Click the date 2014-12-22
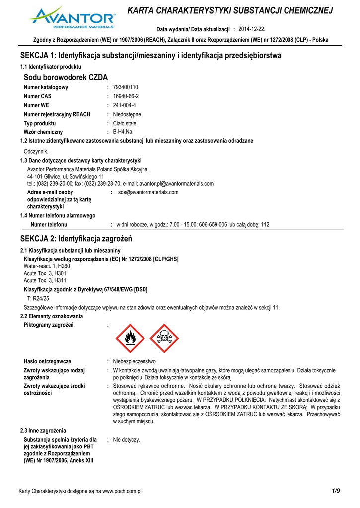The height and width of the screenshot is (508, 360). pos(252,29)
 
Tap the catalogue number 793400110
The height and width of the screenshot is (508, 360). pos(126,87)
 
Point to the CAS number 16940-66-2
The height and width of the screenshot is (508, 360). pos(126,96)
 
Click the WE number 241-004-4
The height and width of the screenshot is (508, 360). pos(125,105)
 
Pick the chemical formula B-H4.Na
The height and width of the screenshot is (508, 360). pos(123,132)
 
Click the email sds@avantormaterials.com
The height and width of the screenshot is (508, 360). pos(148,192)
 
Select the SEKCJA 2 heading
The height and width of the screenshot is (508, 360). pos(76,239)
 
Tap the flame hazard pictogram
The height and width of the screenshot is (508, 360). pos(130,339)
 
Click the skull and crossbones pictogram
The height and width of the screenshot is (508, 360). pos(164,339)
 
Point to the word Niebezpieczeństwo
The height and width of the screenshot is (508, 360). pos(135,361)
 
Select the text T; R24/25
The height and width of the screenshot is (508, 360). pos(38,298)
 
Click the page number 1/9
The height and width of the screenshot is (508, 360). pos(336,491)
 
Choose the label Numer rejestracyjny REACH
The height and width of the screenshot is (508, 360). pos(57,114)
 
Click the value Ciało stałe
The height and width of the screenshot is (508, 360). pos(126,123)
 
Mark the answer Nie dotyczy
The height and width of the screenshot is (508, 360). pos(127,440)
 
